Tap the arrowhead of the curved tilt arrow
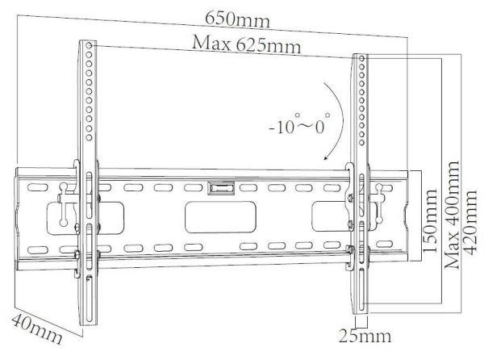click(x=324, y=160)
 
